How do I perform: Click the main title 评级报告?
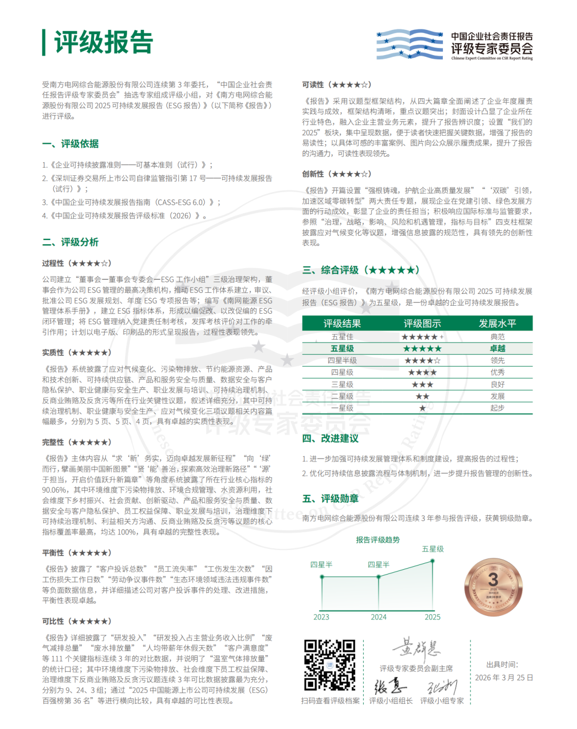pos(104,42)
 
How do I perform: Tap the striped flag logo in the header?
pos(409,44)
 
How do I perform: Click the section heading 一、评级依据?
pos(71,144)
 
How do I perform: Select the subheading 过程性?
pos(53,263)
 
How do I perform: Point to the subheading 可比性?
pos(53,621)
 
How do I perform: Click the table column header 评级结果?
pos(342,323)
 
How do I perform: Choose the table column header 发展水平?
pos(497,323)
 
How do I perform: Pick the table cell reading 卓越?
pos(497,348)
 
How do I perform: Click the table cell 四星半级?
pos(342,360)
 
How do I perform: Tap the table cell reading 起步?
pos(497,408)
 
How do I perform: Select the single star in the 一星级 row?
pos(423,408)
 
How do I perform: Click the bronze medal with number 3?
pos(493,586)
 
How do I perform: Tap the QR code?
pos(330,665)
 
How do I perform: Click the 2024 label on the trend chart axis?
pos(378,617)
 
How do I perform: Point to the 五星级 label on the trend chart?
pos(433,549)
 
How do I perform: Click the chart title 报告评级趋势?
pos(378,540)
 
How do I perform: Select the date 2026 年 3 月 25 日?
pos(504,678)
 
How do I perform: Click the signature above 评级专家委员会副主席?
pos(417,648)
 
